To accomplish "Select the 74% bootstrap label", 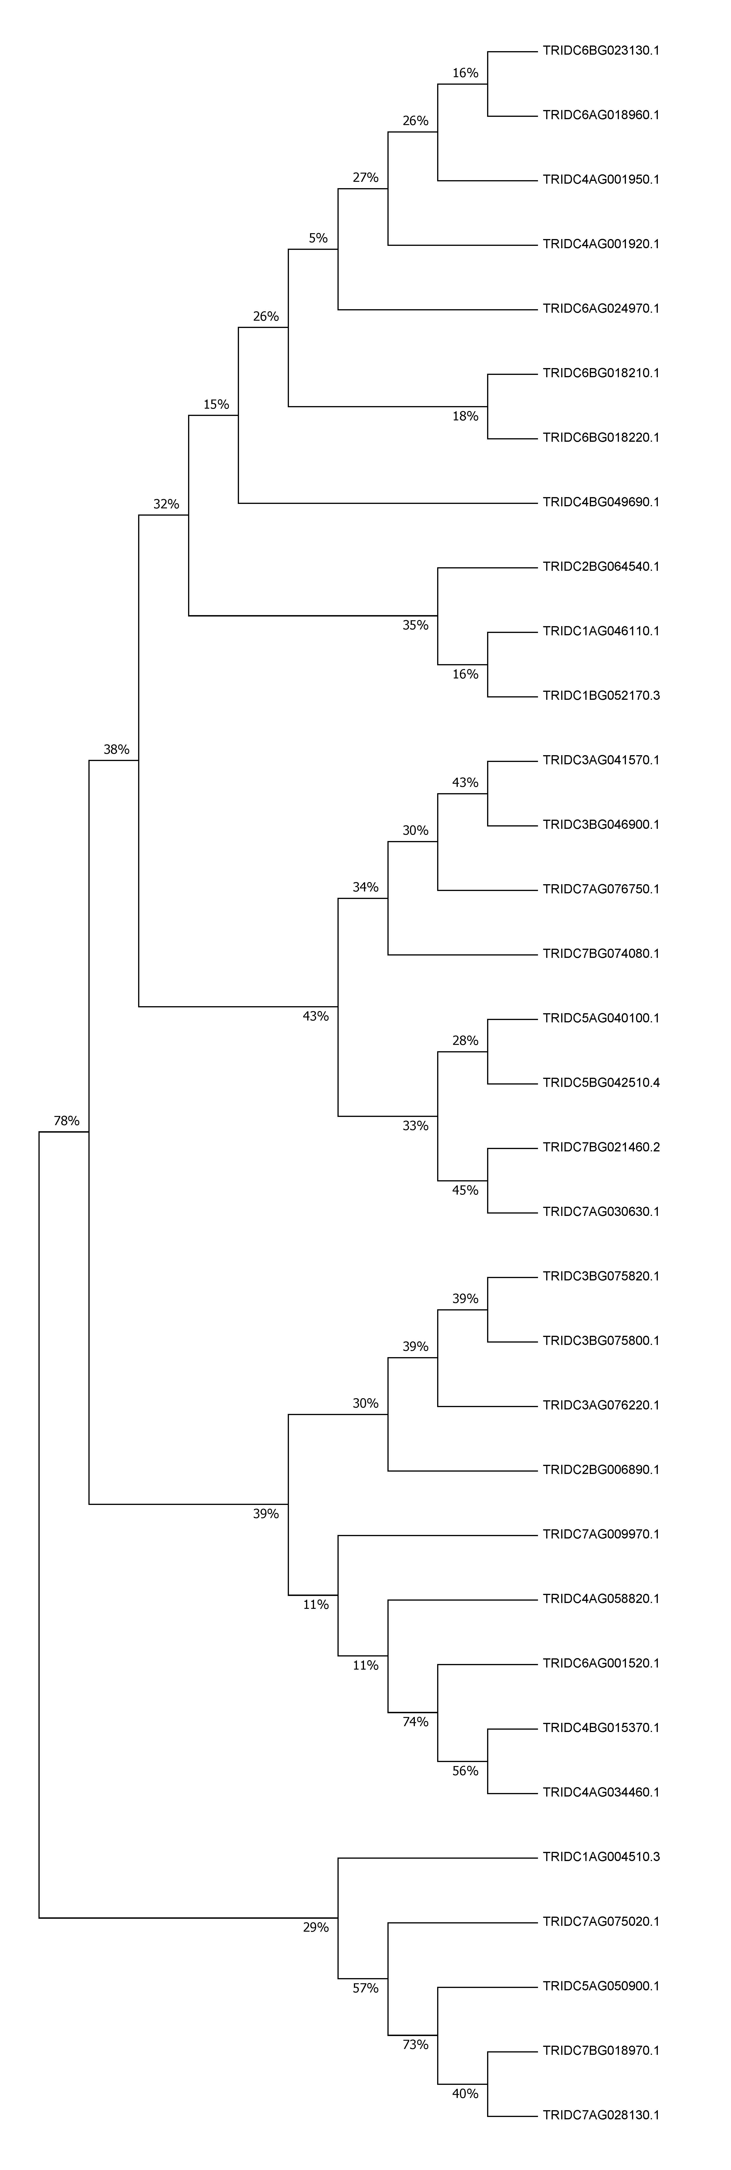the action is [415, 1722].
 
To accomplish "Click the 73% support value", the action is [415, 2044].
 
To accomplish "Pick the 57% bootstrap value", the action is [365, 1988].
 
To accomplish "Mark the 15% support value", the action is [216, 404].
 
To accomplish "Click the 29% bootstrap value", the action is [316, 1927].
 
